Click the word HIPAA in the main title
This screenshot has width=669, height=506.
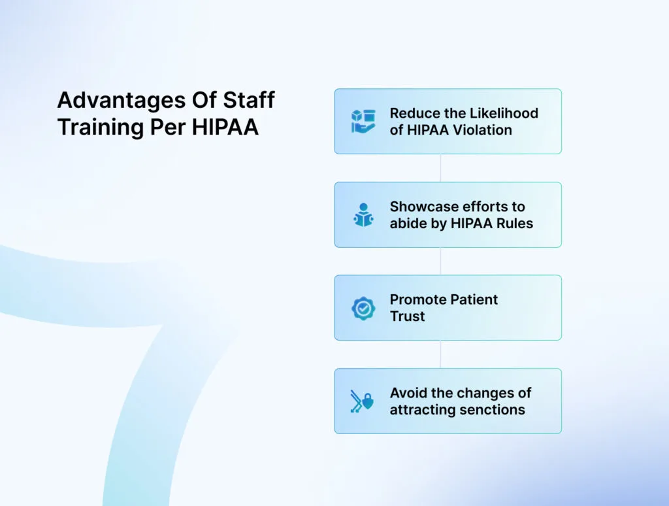point(225,127)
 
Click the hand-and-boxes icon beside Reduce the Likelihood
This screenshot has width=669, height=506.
point(363,122)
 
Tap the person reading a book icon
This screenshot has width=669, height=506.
point(363,215)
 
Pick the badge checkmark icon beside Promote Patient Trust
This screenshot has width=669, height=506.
point(363,308)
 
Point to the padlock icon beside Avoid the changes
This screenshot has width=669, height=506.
point(368,403)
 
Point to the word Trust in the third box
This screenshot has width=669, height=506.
point(408,316)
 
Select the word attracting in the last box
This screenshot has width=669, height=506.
point(422,410)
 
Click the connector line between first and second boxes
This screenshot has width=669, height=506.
point(440,168)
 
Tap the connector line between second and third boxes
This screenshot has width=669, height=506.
point(440,261)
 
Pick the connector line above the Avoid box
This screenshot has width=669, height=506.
point(440,354)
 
